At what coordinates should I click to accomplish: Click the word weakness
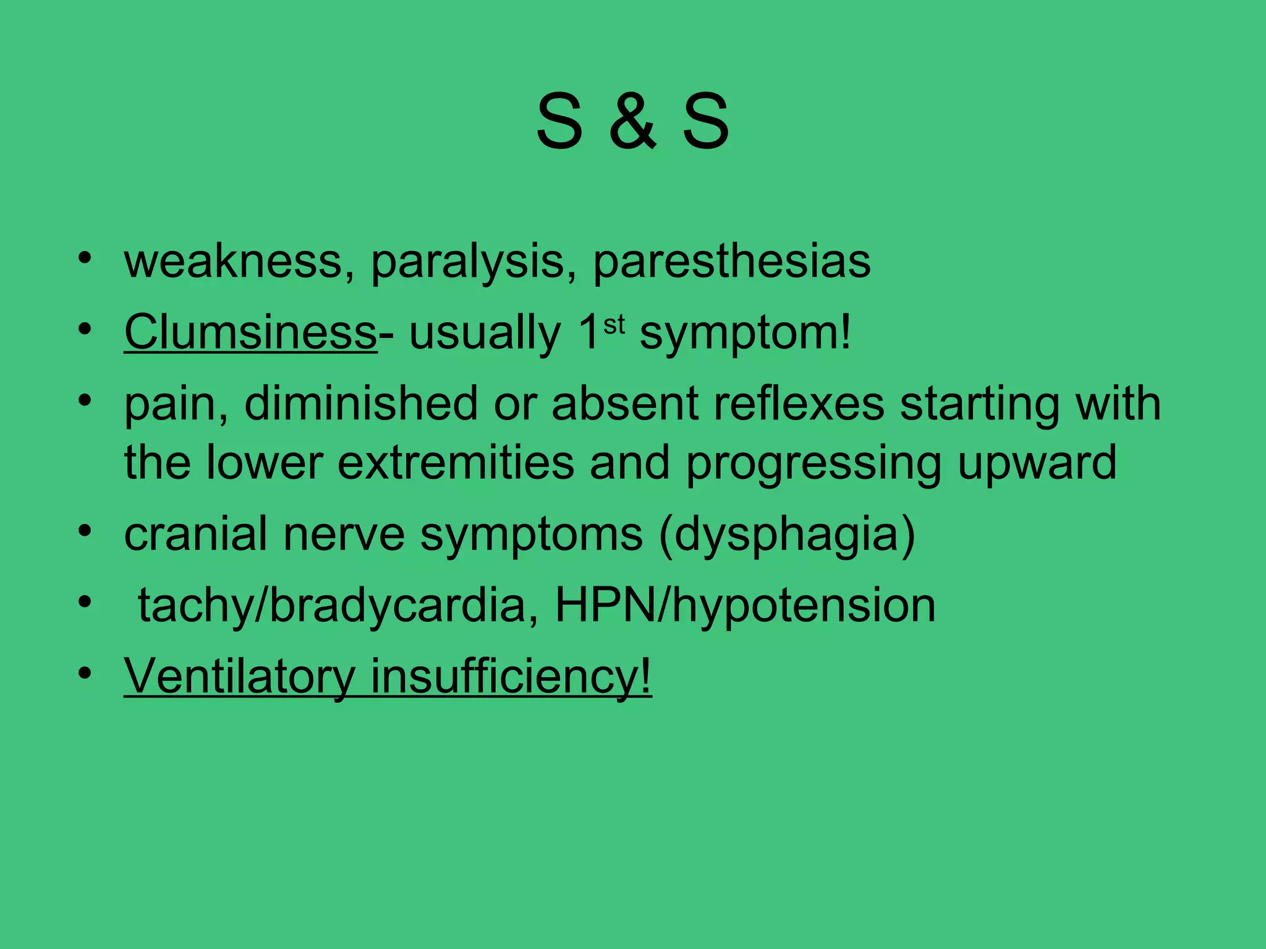pyautogui.click(x=234, y=261)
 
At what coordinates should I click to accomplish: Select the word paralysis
pyautogui.click(x=468, y=263)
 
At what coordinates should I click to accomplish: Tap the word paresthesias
pyautogui.click(x=732, y=263)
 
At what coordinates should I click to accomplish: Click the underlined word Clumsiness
pyautogui.click(x=250, y=332)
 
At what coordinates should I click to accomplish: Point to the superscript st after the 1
pyautogui.click(x=614, y=323)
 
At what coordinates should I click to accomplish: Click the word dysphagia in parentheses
pyautogui.click(x=786, y=536)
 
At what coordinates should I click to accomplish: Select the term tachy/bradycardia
pyautogui.click(x=331, y=605)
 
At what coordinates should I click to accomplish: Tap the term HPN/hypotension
pyautogui.click(x=745, y=605)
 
